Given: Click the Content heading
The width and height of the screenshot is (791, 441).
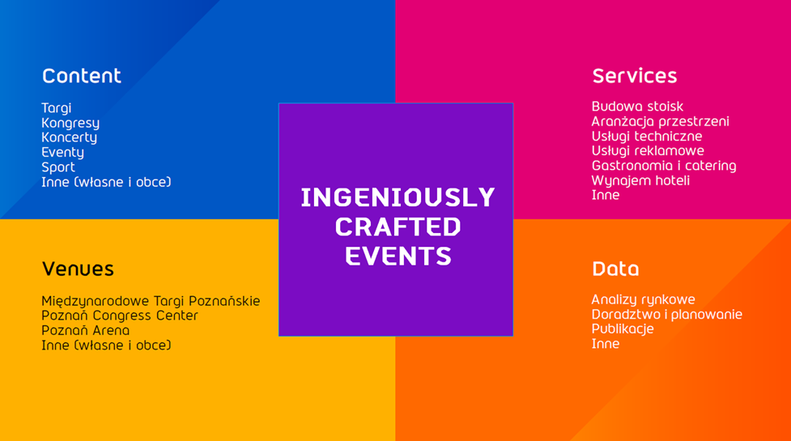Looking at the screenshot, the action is tap(82, 76).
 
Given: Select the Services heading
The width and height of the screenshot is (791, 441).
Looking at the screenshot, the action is tap(635, 76).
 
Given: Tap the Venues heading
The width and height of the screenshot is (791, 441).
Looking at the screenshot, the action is tap(78, 269).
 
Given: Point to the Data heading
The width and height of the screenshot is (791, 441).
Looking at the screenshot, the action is tap(615, 269).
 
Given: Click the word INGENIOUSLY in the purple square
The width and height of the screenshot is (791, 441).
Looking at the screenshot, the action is tap(398, 197).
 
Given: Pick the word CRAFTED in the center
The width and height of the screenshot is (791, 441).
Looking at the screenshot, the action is tap(398, 227).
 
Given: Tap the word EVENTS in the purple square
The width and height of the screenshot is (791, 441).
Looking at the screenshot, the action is tap(398, 256).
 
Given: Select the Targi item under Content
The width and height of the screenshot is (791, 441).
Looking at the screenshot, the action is tap(57, 108).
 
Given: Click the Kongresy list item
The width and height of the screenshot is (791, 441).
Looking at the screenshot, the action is tap(70, 123).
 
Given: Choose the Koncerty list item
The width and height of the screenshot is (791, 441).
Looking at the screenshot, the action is tap(69, 138).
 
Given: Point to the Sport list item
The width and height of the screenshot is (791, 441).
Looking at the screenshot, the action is tap(58, 167).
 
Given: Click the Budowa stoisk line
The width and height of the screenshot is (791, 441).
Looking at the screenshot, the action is tap(638, 106).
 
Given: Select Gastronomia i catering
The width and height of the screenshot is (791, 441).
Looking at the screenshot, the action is tap(664, 166).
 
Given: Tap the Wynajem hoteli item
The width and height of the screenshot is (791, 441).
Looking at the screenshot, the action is tap(640, 180).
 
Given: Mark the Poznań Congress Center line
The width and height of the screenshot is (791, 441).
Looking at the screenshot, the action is tap(120, 316).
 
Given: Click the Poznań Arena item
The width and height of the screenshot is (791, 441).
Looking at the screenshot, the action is tap(85, 330).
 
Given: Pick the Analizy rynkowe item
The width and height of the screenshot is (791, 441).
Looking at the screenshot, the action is tap(643, 300).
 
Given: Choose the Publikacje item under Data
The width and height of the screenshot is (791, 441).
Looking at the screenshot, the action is tap(623, 329).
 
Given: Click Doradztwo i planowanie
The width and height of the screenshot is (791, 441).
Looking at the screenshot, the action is tap(667, 315).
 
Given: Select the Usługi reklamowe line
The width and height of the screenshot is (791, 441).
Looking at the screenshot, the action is tap(648, 151).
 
